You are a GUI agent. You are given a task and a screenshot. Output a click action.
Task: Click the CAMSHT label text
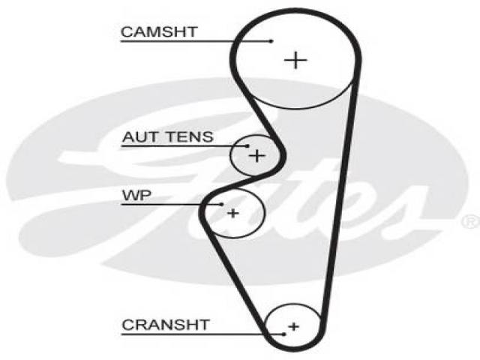tap(159, 31)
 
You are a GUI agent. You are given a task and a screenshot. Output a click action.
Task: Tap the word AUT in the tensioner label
tap(137, 136)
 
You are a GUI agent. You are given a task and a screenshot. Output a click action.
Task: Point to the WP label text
tap(136, 195)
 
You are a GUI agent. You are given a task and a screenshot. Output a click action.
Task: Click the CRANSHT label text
tap(166, 325)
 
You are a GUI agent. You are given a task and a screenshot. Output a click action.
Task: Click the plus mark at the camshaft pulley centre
tap(295, 60)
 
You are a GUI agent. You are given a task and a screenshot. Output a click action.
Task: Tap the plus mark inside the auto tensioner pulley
tap(256, 156)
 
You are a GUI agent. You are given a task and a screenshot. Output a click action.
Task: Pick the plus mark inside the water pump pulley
tap(233, 213)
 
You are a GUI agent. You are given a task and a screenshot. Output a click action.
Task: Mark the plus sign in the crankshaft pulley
tap(293, 326)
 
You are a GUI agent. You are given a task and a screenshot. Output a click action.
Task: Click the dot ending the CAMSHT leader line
tap(271, 41)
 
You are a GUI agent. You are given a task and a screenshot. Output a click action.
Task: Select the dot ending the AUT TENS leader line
tap(247, 146)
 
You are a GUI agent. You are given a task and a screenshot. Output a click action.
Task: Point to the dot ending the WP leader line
tap(222, 204)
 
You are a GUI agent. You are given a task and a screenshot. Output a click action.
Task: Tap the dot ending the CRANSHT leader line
tap(284, 334)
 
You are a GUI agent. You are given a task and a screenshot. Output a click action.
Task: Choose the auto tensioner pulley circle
tap(231, 156)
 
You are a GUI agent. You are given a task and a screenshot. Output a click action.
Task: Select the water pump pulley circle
tap(263, 212)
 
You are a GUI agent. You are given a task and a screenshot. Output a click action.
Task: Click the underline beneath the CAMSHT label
tap(196, 41)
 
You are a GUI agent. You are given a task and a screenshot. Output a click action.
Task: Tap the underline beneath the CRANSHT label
tap(202, 334)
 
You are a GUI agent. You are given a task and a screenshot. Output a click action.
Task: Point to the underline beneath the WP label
tap(172, 204)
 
